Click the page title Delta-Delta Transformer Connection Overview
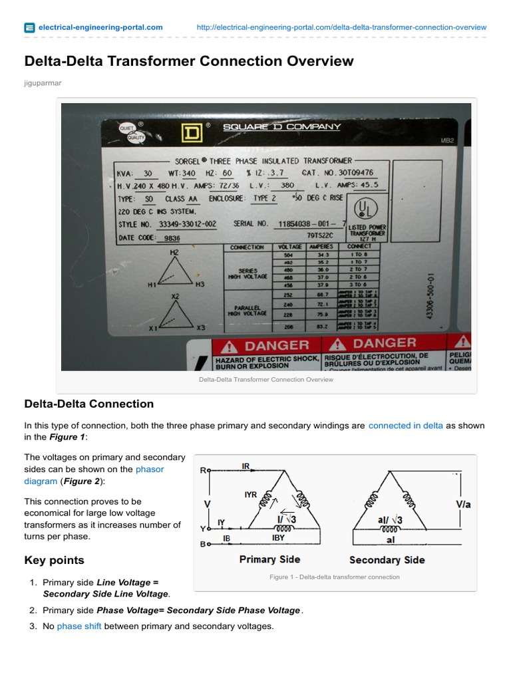coord(189,62)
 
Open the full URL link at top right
coord(342,27)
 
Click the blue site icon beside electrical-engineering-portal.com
coord(29,28)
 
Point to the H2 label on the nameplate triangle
coord(174,253)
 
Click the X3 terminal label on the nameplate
coord(201,328)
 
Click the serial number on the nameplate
coord(308,224)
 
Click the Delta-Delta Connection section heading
coord(89,404)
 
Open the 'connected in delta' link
coord(405,426)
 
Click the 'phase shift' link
coord(79,626)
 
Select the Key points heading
coord(55,560)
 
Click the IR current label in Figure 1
coord(246,466)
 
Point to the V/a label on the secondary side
coord(464,505)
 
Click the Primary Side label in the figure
coord(269,559)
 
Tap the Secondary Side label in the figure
coord(387,560)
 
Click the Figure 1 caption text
coord(335,577)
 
